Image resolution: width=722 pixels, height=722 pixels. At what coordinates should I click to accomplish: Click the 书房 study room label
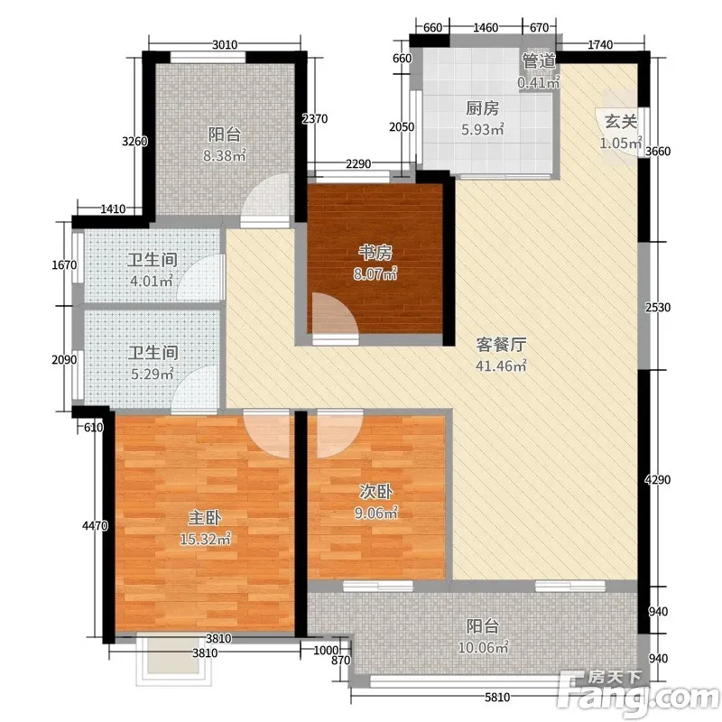(x=375, y=253)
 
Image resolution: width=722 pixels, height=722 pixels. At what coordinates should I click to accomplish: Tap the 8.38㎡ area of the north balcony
(x=225, y=155)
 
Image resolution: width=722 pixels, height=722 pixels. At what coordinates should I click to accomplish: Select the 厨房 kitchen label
(x=482, y=108)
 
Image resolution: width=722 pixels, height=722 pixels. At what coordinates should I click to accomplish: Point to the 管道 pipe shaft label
(x=539, y=60)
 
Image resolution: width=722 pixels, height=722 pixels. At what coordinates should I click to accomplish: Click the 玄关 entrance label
(x=621, y=122)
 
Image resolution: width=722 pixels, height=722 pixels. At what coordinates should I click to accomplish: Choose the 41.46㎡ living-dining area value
(x=501, y=366)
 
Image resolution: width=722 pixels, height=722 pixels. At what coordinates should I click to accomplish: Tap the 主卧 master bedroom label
(x=205, y=517)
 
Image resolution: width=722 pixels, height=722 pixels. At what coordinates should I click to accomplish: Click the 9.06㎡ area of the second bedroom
(x=376, y=513)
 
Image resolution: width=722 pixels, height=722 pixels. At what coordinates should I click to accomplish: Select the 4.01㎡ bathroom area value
(x=152, y=281)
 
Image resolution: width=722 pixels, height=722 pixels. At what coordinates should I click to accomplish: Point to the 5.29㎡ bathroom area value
(x=153, y=374)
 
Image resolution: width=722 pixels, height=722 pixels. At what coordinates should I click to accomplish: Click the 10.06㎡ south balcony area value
(x=483, y=647)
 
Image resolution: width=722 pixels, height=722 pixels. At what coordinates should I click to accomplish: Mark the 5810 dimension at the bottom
(x=497, y=698)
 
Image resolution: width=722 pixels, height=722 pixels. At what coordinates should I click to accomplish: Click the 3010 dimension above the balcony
(x=225, y=44)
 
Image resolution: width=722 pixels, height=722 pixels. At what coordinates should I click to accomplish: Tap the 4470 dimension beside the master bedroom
(x=95, y=525)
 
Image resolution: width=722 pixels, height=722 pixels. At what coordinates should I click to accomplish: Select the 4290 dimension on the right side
(x=658, y=480)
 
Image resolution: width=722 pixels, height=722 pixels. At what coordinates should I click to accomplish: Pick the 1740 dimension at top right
(x=600, y=44)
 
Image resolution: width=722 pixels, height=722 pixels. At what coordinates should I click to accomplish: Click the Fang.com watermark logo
(x=638, y=693)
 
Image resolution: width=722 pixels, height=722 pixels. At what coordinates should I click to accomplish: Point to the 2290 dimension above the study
(x=358, y=163)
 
